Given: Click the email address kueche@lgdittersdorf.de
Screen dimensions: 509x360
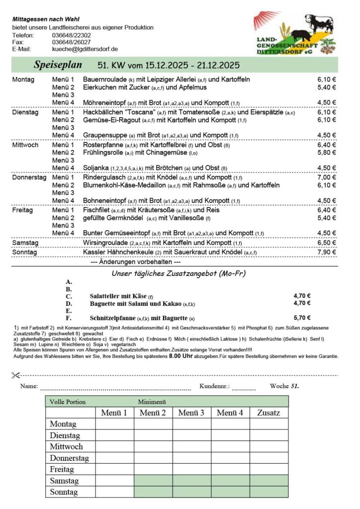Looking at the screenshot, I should [85, 49].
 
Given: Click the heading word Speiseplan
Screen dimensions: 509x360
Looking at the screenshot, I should [54, 65].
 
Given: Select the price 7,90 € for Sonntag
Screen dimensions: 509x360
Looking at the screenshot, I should [326, 253].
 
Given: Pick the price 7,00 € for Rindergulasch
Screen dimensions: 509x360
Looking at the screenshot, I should [326, 177].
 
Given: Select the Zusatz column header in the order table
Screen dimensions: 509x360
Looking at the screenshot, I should [269, 413].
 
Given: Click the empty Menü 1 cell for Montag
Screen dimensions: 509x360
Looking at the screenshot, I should [114, 424].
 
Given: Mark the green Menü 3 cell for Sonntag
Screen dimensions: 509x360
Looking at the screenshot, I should [191, 492].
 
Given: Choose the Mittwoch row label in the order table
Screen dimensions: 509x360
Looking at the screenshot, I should [66, 446].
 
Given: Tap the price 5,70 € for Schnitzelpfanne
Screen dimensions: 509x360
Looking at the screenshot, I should [302, 318].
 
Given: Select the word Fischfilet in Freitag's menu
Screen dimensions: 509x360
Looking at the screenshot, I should [96, 210].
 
